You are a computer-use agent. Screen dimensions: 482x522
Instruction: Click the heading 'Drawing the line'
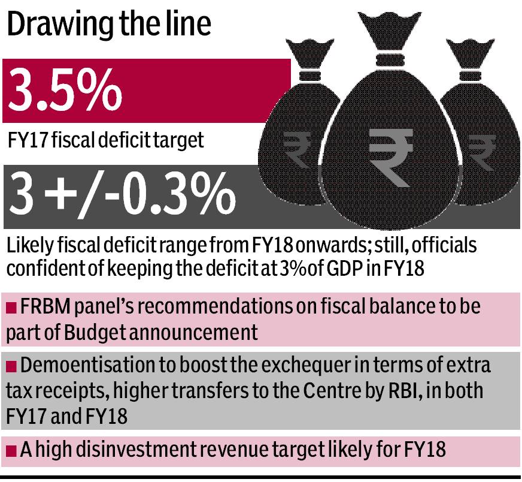pos(110,26)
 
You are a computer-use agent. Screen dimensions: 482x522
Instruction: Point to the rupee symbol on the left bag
pos(293,149)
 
